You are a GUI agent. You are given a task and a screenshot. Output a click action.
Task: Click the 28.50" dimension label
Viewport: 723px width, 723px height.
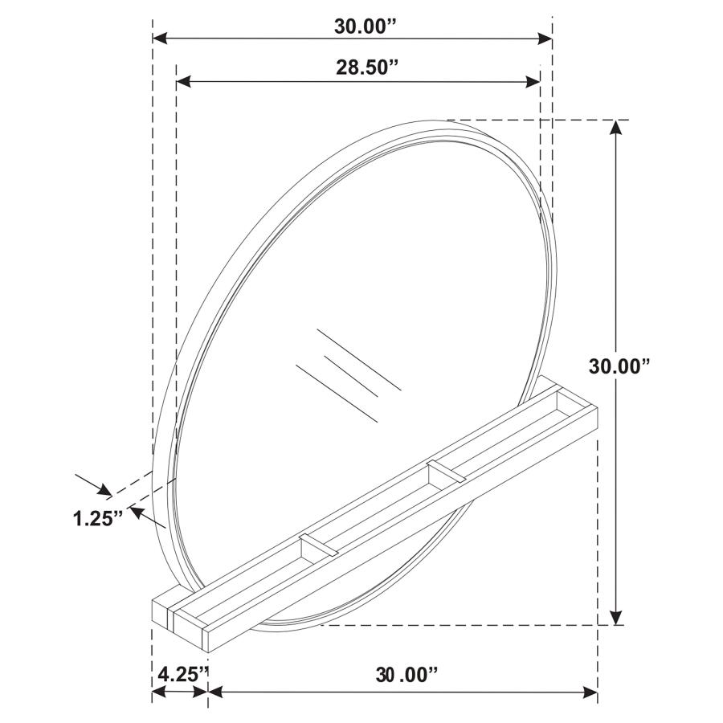click(x=367, y=67)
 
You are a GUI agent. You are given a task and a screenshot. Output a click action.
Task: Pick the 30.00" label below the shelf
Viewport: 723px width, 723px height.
click(x=406, y=672)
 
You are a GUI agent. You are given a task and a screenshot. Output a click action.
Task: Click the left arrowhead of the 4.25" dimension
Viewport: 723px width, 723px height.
click(x=159, y=692)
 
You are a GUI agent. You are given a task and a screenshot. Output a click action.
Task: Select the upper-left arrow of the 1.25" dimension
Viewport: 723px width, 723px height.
click(x=103, y=489)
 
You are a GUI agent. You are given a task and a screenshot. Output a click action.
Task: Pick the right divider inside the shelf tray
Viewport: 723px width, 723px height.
click(x=446, y=472)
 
